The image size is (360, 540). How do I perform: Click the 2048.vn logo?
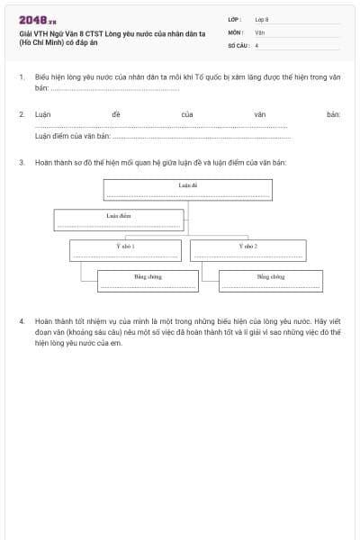point(37,19)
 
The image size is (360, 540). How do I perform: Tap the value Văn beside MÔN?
point(259,31)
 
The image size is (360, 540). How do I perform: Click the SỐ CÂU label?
point(238,44)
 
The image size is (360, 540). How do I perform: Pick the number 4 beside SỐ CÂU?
point(256,44)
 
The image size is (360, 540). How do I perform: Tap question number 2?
point(21,115)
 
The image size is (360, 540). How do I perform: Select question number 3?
point(21,162)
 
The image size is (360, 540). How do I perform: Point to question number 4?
point(21,320)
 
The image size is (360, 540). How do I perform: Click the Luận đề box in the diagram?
point(186,190)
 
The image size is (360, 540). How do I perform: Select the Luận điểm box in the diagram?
point(119,220)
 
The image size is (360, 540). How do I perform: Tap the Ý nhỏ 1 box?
point(126,249)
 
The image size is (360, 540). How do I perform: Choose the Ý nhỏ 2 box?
point(247,249)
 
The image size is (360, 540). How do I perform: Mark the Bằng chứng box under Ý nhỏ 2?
point(270,281)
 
